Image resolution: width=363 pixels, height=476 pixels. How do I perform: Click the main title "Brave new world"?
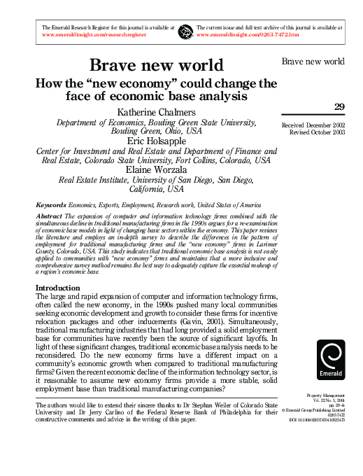156,66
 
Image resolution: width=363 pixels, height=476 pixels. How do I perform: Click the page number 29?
339,106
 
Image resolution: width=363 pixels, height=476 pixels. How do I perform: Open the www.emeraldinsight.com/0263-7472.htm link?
248,34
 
